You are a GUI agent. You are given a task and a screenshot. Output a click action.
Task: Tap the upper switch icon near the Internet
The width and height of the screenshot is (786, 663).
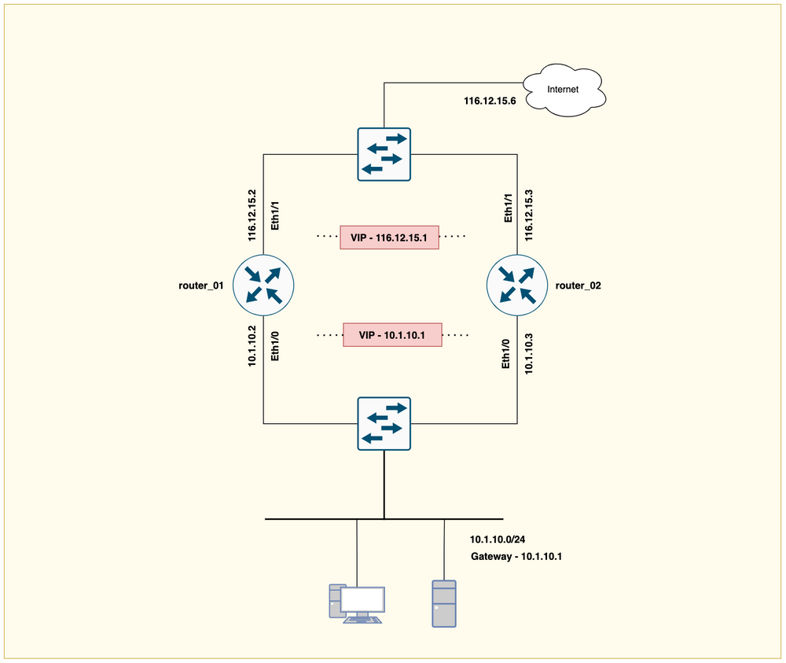[x=384, y=154]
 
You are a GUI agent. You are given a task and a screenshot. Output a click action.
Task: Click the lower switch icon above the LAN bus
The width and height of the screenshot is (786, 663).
[x=384, y=423]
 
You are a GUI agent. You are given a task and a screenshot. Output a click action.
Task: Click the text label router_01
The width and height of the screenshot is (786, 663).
[x=202, y=285]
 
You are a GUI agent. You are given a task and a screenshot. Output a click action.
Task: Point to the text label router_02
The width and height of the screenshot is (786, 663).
[x=578, y=285]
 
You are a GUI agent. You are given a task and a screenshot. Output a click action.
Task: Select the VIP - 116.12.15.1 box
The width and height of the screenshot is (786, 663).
[x=389, y=237]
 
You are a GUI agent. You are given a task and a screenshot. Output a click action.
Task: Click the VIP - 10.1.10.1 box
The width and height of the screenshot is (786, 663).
[x=393, y=334]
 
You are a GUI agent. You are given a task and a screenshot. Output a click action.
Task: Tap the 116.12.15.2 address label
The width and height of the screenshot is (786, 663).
[x=252, y=215]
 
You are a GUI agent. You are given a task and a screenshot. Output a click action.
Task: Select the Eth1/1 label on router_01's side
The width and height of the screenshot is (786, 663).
[x=274, y=215]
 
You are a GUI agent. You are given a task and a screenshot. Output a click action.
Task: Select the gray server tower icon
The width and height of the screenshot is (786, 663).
[x=443, y=603]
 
